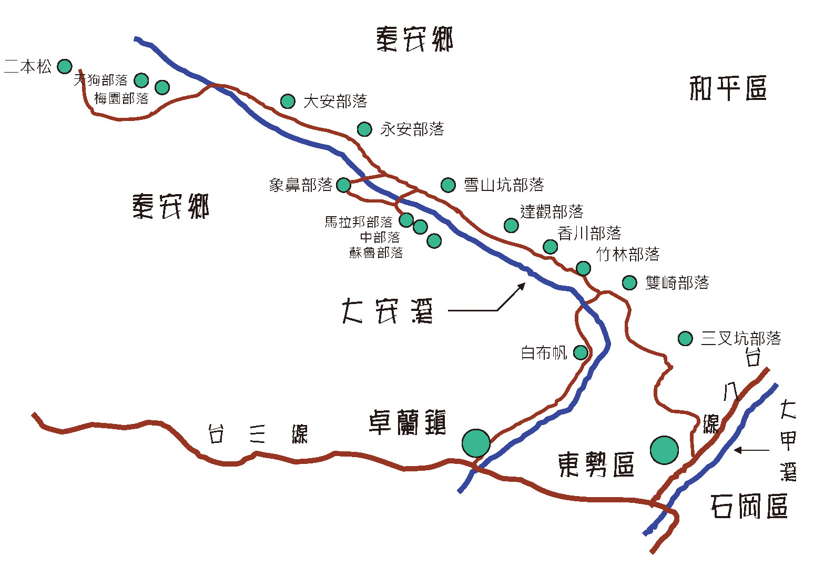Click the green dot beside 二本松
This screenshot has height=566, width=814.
(x=65, y=66)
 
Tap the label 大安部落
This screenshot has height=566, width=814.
(x=335, y=101)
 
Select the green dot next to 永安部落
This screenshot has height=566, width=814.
(x=364, y=129)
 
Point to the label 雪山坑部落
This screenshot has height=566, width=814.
(x=504, y=185)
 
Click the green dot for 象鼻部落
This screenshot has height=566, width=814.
(x=343, y=185)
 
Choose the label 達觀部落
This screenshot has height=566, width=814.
(x=552, y=211)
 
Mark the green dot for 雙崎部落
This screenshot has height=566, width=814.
(x=630, y=282)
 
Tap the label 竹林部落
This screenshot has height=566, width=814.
(x=628, y=254)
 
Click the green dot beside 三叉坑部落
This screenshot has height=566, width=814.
(x=685, y=338)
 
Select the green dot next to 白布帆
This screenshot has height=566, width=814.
(x=581, y=352)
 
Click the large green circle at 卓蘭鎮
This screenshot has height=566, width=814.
(x=476, y=443)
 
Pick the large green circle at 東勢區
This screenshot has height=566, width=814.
(x=664, y=450)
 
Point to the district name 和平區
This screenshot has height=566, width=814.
(x=728, y=88)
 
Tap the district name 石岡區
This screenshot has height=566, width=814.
(x=749, y=506)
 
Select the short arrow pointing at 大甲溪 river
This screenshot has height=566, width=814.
(x=751, y=450)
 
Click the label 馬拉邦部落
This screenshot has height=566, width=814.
(x=359, y=222)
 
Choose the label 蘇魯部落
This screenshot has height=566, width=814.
(x=376, y=252)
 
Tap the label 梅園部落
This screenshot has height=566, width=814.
(x=121, y=98)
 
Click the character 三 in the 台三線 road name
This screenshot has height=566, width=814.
(x=257, y=433)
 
